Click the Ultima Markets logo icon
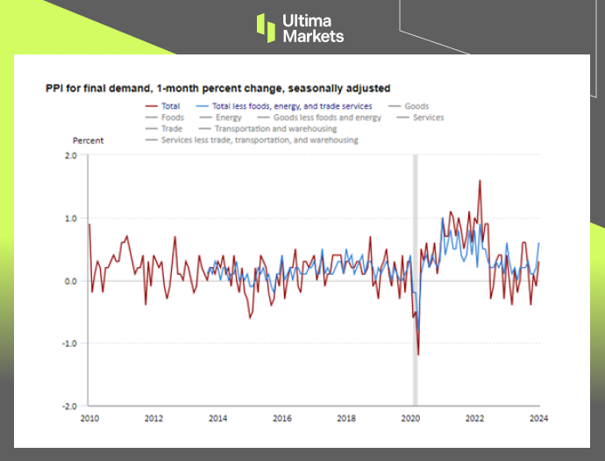pos(266,26)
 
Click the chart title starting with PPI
pos(217,88)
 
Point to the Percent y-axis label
pos(87,140)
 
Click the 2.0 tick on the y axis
pos(71,155)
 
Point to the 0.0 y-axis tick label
pos(71,281)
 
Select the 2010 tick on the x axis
pos(89,419)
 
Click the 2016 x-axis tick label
pos(281,419)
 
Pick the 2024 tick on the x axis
pos(538,419)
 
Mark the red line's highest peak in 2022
pos(480,181)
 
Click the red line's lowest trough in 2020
pos(418,355)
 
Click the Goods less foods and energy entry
pos(327,118)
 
